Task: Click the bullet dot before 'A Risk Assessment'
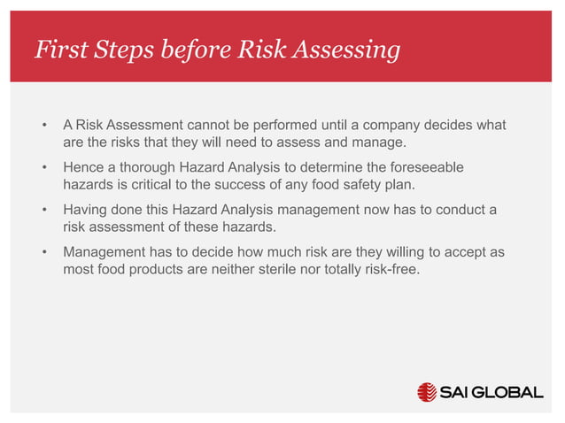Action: pos(43,127)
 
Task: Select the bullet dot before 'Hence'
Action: pos(43,168)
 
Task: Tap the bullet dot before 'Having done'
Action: pos(43,211)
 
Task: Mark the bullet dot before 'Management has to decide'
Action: pos(43,253)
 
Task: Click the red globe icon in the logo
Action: pos(427,392)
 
